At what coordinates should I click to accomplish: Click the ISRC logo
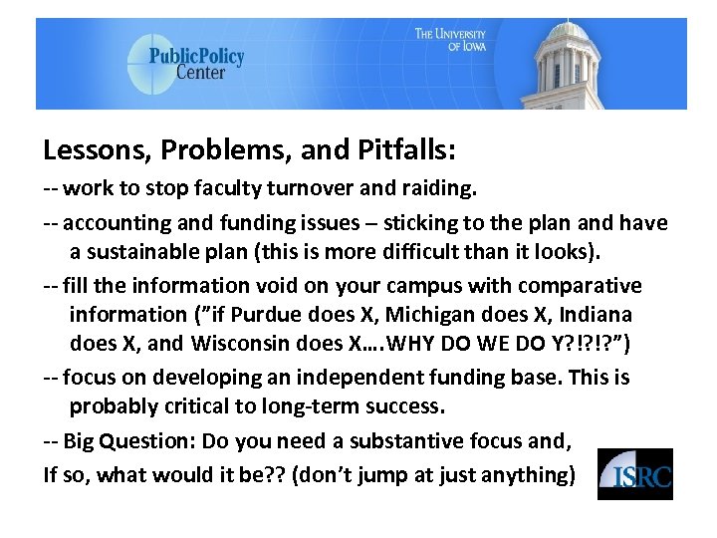click(x=634, y=473)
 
